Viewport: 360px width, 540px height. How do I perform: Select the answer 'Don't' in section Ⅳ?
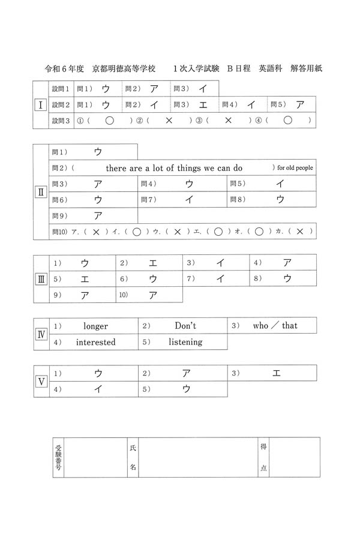(185, 326)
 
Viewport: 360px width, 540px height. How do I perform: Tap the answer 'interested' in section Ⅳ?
(95, 342)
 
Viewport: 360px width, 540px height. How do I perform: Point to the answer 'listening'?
(185, 342)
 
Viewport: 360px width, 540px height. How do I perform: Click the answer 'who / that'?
(275, 326)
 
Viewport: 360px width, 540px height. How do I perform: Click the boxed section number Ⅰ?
(40, 105)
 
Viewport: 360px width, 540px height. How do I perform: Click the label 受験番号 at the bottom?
(58, 457)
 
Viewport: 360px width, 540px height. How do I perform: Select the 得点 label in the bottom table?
(263, 457)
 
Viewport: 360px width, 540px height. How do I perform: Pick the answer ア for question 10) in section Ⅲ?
(152, 295)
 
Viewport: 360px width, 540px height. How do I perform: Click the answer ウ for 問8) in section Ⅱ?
(280, 200)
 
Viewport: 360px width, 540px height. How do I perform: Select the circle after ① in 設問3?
(109, 121)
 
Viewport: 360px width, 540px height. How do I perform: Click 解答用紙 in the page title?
(305, 69)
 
